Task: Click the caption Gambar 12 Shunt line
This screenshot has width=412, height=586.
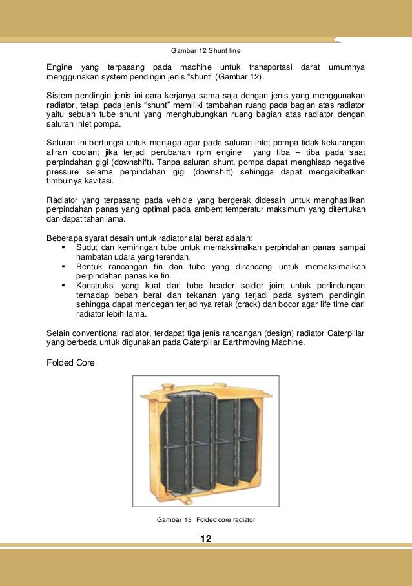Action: (206, 50)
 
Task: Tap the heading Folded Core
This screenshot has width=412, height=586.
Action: (70, 363)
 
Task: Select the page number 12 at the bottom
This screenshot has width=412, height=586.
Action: (206, 539)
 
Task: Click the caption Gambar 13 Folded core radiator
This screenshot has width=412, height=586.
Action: (206, 519)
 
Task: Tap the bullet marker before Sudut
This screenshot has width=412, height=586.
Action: (63, 247)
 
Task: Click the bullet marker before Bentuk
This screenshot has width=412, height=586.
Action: (63, 266)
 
